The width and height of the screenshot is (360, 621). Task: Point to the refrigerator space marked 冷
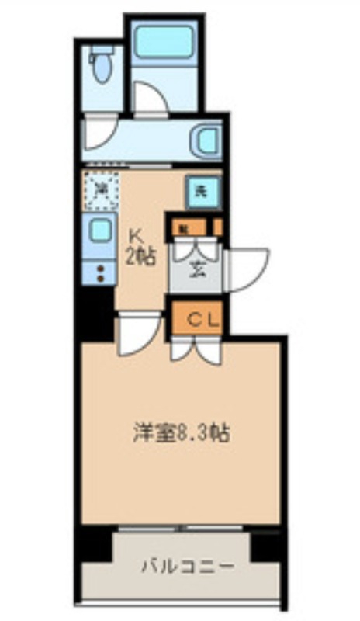pos(101,189)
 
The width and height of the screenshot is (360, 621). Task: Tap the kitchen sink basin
pos(99,231)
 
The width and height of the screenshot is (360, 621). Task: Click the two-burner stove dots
pos(99,272)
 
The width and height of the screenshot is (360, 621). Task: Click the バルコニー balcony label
pos(185,566)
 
